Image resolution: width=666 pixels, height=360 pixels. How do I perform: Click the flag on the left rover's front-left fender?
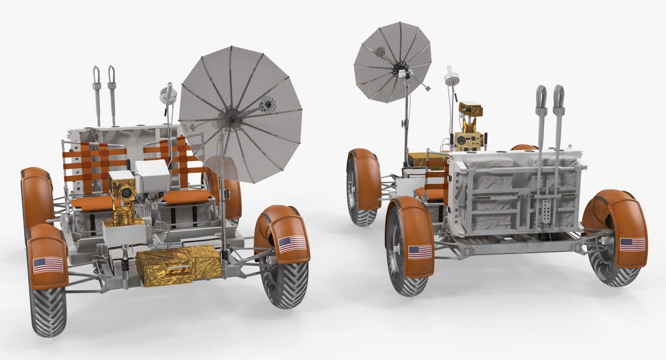click(48, 265)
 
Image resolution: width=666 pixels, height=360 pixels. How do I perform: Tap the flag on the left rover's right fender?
click(292, 244)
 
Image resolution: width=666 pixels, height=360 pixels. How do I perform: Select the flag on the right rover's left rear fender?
click(420, 252)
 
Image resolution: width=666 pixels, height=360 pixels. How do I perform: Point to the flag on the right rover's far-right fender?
click(632, 245)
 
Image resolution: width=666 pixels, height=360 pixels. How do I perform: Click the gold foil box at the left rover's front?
click(178, 265)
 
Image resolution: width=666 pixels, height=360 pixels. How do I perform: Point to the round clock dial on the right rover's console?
click(461, 141)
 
